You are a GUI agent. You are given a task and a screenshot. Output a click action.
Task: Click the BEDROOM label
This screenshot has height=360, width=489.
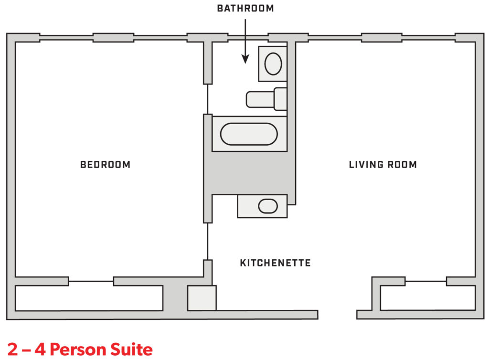pos(105,165)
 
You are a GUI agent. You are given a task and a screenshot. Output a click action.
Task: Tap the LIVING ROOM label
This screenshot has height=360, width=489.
pos(383,165)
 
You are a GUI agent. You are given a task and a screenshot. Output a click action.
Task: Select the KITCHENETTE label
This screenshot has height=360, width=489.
pos(276,263)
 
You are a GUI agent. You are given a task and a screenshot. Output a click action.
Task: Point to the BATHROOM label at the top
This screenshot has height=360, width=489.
pos(245,9)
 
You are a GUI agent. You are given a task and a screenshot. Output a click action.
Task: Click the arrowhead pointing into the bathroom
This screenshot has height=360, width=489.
pos(245,59)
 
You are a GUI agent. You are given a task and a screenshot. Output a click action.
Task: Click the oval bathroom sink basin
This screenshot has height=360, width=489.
pos(273,64)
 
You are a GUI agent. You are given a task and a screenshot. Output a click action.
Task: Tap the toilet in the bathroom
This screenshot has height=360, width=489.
pos(266,99)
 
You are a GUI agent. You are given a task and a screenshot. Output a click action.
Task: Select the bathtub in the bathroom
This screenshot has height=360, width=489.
pos(249,134)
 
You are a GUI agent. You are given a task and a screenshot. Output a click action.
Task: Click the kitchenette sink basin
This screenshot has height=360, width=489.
pos(268,206)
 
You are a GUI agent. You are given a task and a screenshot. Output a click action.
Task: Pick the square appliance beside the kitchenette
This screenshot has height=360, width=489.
pos(202,298)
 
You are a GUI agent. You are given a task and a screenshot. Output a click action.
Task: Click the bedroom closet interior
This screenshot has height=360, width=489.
pos(89,298)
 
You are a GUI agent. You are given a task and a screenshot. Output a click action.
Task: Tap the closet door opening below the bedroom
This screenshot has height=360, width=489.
pos(91,281)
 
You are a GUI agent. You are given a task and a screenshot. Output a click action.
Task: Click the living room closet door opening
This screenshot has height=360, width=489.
pos(425,281)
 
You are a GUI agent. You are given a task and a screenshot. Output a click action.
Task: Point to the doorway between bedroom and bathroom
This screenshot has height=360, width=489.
pos(208,99)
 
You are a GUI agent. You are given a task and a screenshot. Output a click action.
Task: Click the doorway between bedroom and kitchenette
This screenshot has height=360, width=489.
pos(208,241)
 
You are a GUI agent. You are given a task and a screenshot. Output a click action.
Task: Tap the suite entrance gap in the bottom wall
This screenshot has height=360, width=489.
pos(338,315)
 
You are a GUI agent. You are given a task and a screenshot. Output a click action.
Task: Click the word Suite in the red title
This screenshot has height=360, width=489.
pos(131,349)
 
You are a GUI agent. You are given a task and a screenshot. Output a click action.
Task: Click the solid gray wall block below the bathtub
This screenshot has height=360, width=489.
pos(249,173)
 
